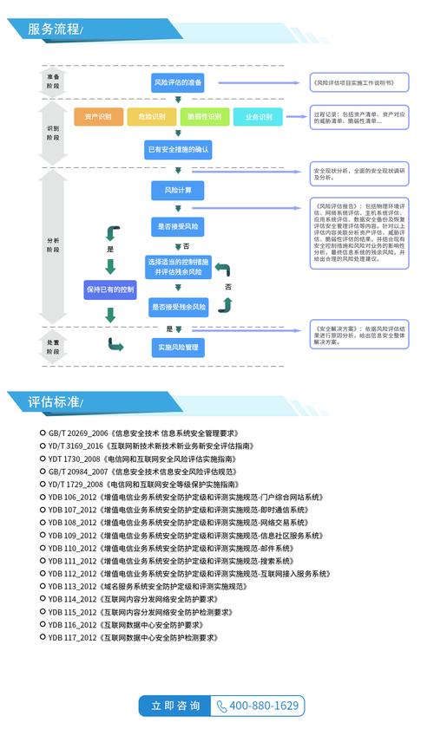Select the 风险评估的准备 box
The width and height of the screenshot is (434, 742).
[x=178, y=82]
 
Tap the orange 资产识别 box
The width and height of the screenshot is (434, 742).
[x=97, y=117]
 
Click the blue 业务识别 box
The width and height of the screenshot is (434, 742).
[x=258, y=117]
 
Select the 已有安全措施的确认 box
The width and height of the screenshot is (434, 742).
[x=178, y=150]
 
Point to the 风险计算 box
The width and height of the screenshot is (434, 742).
[x=178, y=189]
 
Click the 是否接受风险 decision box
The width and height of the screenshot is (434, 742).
[x=178, y=226]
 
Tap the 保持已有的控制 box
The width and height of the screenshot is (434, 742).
[x=109, y=289]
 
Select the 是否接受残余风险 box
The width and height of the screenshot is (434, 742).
[x=178, y=306]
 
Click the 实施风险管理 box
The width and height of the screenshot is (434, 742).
[x=178, y=348]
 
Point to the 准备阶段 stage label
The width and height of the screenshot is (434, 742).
[x=54, y=81]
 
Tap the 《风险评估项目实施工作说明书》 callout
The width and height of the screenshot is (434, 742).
[x=358, y=82]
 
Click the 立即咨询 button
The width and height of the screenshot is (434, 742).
[x=175, y=706]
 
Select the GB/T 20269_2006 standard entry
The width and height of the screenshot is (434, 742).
[x=143, y=433]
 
